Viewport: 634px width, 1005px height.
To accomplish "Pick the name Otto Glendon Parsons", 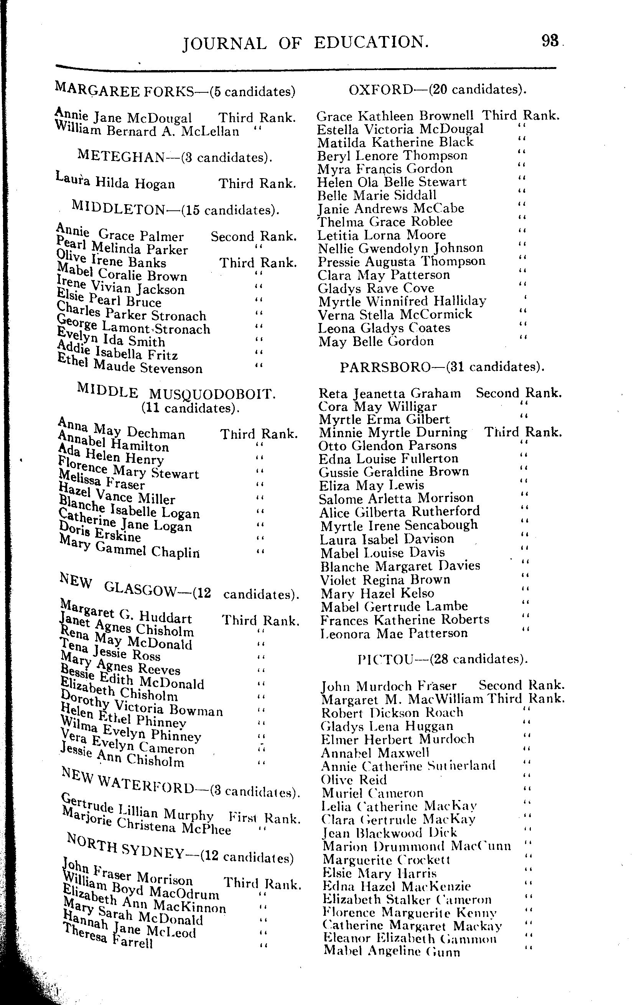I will tap(388, 445).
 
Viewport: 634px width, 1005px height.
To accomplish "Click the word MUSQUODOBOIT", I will tap(212, 394).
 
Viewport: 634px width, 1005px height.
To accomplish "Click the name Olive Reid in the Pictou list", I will tap(354, 779).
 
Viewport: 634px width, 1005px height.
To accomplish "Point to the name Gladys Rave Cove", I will tap(376, 288).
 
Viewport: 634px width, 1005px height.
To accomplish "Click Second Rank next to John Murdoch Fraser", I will tap(522, 685).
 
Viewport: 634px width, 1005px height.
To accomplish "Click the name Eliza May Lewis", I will tap(371, 485).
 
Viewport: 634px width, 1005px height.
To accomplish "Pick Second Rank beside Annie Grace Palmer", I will tap(254, 237).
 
